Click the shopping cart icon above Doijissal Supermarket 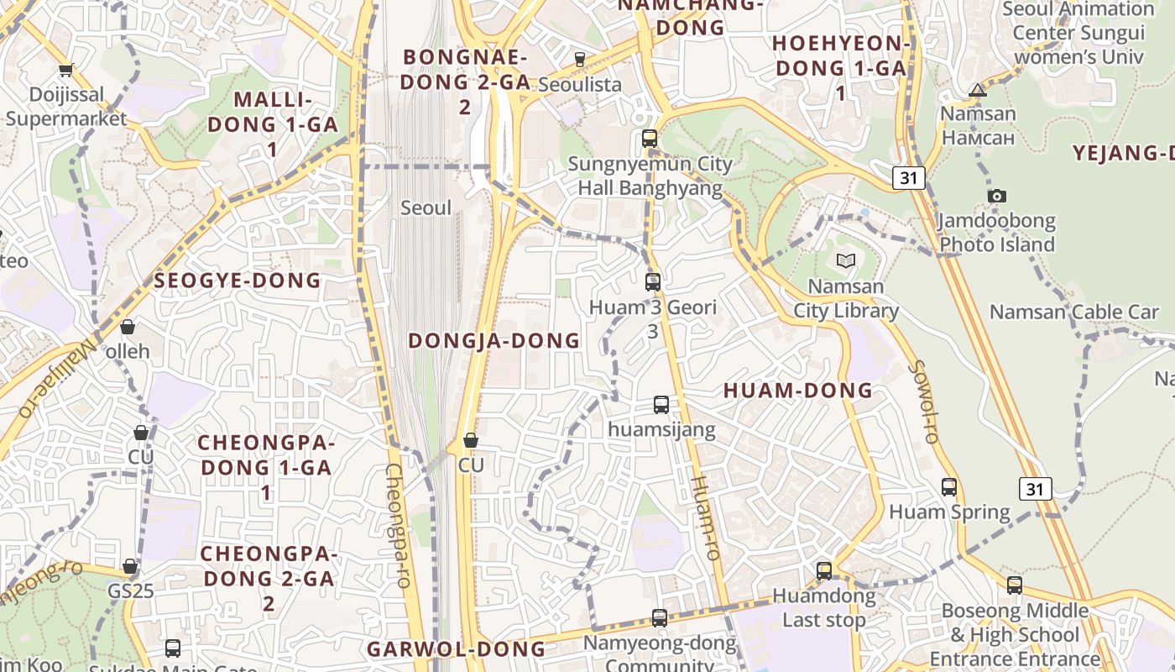tap(65, 71)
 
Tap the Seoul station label tap(426, 207)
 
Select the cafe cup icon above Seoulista tap(579, 59)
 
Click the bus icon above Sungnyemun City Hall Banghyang tap(650, 139)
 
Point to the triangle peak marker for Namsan tap(978, 90)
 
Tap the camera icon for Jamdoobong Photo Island tap(996, 196)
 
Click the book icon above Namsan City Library tap(846, 261)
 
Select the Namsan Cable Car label tap(1074, 312)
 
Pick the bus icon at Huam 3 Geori tap(653, 281)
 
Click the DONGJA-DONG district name tap(493, 340)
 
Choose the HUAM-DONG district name tap(798, 391)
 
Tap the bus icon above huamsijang tap(661, 405)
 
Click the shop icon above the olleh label tap(128, 327)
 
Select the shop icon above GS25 tap(130, 567)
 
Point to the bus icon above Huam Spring tap(949, 487)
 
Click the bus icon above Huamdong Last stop tap(824, 571)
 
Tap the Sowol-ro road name tap(922, 402)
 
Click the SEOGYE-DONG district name tap(238, 281)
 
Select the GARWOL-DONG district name tap(456, 648)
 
